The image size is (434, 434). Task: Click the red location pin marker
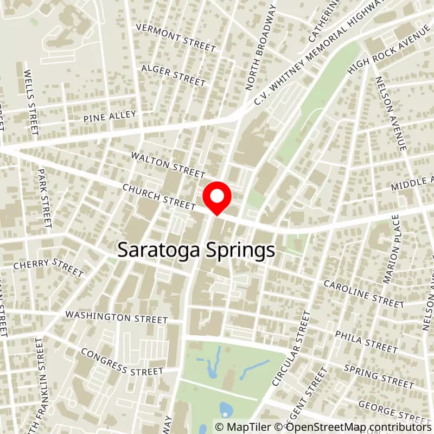pos(217,198)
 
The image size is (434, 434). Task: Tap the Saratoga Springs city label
pos(196,251)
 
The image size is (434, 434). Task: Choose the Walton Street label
pos(168,164)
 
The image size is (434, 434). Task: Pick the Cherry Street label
pos(48,267)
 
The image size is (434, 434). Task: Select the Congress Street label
pos(122,362)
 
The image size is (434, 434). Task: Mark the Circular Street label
pos(291,348)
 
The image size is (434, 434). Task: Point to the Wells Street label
pos(32,103)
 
